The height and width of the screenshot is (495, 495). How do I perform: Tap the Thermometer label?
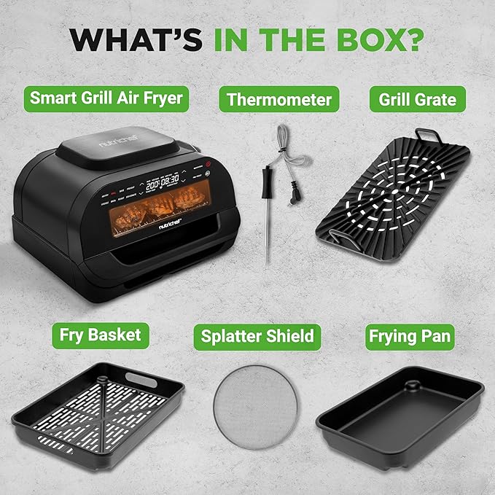click(278, 99)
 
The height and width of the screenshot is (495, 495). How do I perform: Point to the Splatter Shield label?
click(258, 335)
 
